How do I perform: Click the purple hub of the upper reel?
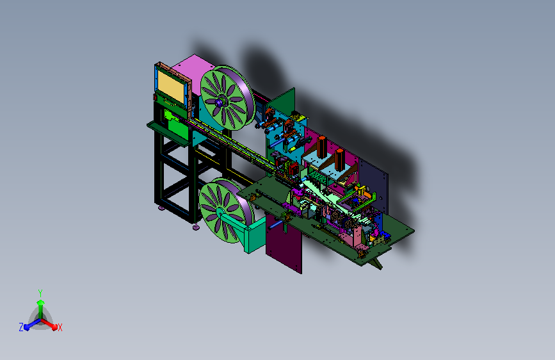click(219, 102)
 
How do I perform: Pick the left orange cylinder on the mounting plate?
click(321, 147)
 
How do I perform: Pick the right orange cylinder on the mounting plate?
click(339, 159)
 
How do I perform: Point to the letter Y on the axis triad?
click(40, 293)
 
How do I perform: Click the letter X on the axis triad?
click(60, 328)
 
